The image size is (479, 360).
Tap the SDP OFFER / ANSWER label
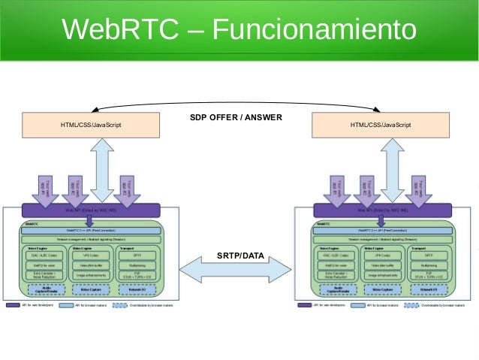[x=235, y=118]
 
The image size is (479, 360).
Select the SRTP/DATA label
[x=240, y=256]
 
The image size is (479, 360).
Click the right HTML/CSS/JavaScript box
[x=381, y=125]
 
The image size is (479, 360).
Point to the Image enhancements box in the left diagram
[x=91, y=276]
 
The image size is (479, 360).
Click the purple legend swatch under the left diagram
[x=13, y=306]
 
